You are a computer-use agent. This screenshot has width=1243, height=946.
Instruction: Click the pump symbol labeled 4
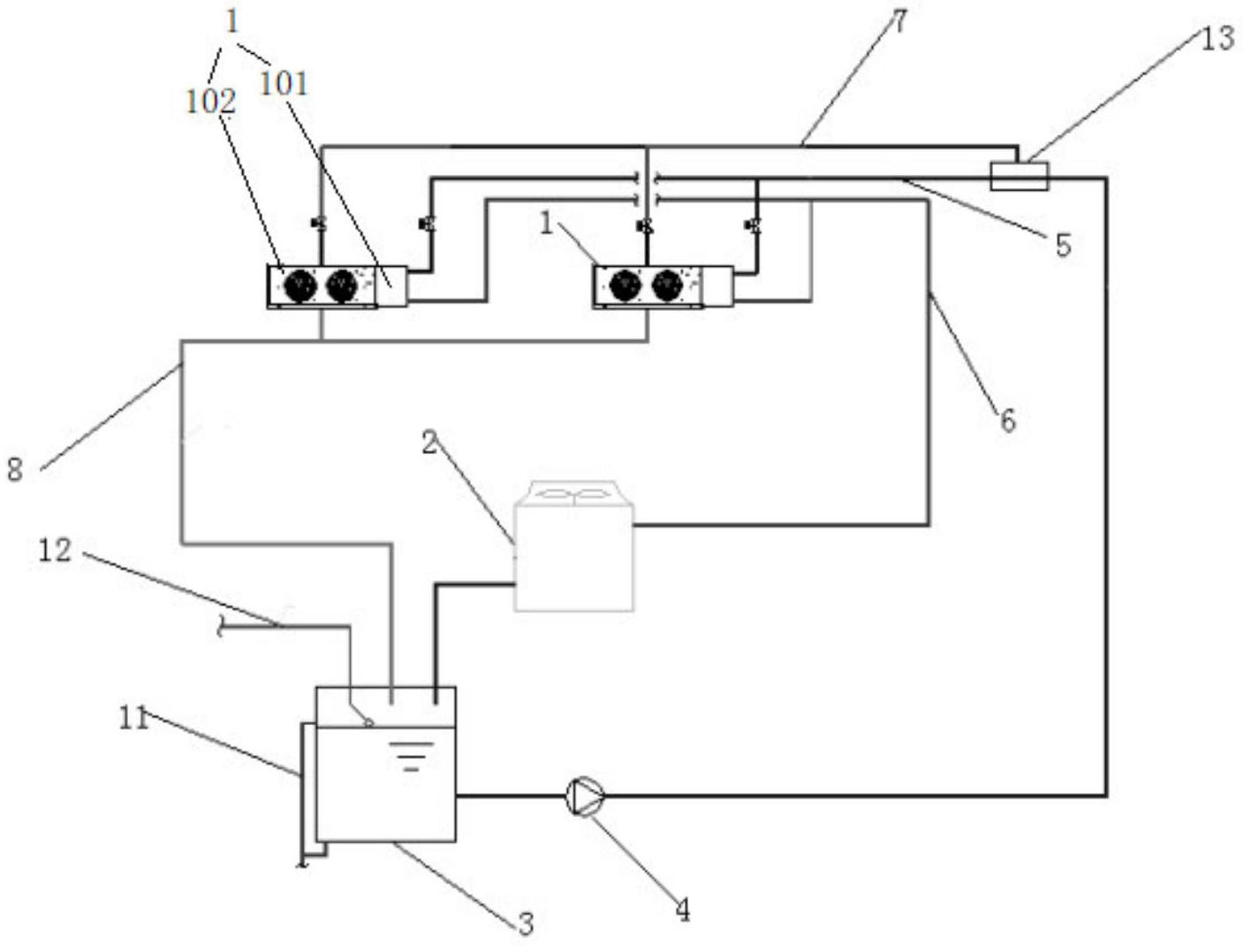click(585, 796)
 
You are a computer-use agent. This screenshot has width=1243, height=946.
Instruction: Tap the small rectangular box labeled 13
click(1019, 176)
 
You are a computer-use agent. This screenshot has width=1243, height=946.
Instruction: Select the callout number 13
click(1217, 39)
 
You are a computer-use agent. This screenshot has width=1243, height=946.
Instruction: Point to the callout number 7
click(898, 21)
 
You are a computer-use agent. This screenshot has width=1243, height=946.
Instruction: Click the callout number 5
click(1063, 246)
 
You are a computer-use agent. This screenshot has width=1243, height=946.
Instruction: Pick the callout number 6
click(1008, 420)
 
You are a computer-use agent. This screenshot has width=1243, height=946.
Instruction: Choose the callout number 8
click(15, 470)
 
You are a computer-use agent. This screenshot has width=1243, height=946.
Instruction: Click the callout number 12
click(55, 549)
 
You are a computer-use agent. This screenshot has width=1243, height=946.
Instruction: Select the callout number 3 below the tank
click(526, 924)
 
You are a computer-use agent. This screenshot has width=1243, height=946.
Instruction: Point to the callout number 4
click(683, 911)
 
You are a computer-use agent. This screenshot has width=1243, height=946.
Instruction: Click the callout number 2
click(430, 443)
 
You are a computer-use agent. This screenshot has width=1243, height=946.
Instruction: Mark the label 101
click(284, 84)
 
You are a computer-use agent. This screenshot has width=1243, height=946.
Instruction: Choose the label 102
click(210, 102)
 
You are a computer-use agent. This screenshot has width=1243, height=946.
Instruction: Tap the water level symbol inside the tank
click(411, 756)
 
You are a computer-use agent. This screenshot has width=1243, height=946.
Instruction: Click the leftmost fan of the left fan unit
click(299, 286)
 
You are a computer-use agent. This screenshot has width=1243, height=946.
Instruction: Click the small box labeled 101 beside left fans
click(391, 286)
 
